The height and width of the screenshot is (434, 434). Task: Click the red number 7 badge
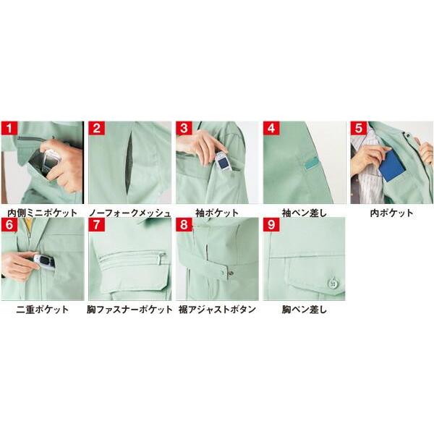[97, 225]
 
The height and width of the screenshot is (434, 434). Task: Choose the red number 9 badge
[272, 225]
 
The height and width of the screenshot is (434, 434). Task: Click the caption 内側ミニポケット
[42, 213]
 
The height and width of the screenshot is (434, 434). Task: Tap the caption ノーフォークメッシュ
[129, 213]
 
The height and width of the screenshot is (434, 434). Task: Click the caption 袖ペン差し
[305, 213]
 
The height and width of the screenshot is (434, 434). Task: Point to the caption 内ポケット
[391, 213]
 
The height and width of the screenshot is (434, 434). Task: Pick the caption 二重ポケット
[42, 310]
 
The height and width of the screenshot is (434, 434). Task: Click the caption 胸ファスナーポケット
[129, 310]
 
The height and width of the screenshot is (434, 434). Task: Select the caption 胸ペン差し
[305, 310]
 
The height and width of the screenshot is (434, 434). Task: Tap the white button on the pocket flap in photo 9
[333, 284]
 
